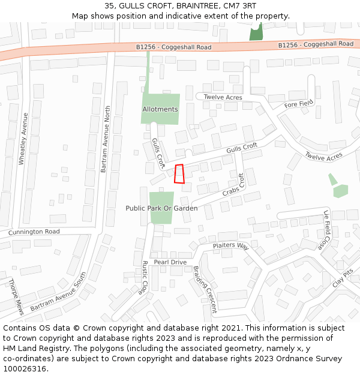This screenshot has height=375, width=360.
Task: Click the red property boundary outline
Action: tap(179, 173)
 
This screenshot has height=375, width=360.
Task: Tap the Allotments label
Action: tap(160, 109)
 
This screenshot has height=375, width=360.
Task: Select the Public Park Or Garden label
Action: tap(161, 208)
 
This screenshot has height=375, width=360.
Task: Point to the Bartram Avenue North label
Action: tap(106, 139)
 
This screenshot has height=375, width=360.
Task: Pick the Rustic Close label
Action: tap(145, 277)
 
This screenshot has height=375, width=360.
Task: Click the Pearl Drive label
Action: tap(170, 262)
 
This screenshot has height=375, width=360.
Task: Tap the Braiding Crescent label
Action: tap(205, 290)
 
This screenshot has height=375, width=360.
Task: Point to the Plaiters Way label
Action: tap(230, 246)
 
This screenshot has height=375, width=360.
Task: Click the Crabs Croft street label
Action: tap(234, 185)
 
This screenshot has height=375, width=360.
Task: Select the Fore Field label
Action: tap(299, 104)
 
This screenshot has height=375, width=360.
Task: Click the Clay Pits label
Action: tap(343, 277)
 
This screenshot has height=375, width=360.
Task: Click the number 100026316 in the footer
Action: tap(25, 368)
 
